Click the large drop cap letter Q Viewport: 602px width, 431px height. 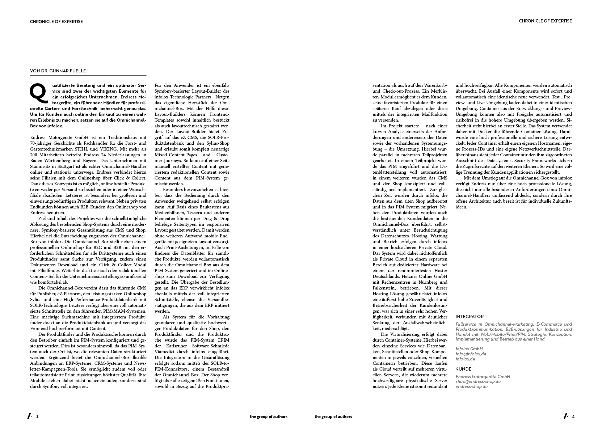coord(38,93)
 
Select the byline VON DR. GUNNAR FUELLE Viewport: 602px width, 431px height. coord(58,71)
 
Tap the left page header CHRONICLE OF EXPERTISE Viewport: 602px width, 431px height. coord(56,22)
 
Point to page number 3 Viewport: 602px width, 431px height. coord(37,417)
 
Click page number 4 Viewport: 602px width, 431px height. coord(573,417)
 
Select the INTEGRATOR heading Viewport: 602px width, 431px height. coord(470,316)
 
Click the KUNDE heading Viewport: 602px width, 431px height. coord(464,369)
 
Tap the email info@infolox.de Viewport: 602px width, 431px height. coord(471,354)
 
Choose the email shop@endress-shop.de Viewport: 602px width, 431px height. coord(478,381)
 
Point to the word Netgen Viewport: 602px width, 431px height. coord(222,97)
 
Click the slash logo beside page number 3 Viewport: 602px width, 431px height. coord(29,416)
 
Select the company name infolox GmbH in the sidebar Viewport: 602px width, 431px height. coord(469,349)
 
